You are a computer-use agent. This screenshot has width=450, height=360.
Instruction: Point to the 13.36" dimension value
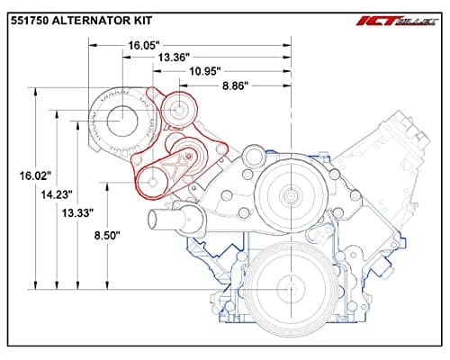[175, 57]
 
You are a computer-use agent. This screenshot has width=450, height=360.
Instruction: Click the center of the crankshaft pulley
[290, 288]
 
